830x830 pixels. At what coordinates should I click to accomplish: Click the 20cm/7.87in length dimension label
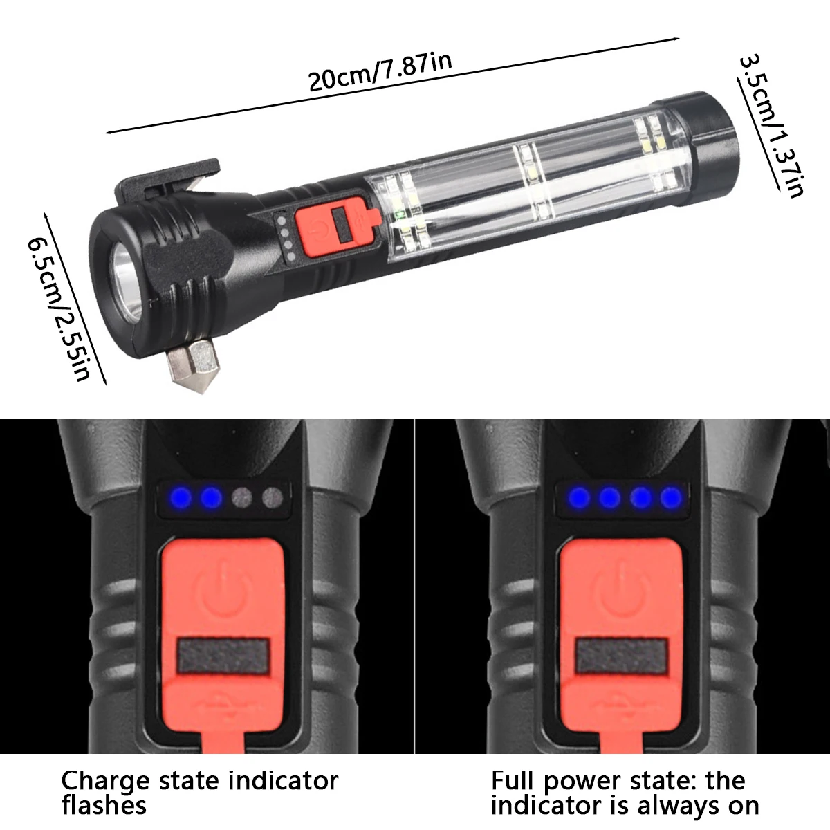tap(380, 72)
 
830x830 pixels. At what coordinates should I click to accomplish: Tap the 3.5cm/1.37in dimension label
tap(771, 125)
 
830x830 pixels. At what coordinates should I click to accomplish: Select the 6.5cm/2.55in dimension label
tap(59, 308)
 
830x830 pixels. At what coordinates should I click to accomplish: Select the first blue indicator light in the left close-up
tap(181, 498)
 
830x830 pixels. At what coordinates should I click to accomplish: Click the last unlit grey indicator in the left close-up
tap(273, 498)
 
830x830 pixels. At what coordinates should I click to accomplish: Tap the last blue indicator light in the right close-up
tap(671, 498)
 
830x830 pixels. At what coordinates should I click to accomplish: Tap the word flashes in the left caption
tap(104, 806)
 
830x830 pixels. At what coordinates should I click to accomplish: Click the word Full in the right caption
tap(513, 780)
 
